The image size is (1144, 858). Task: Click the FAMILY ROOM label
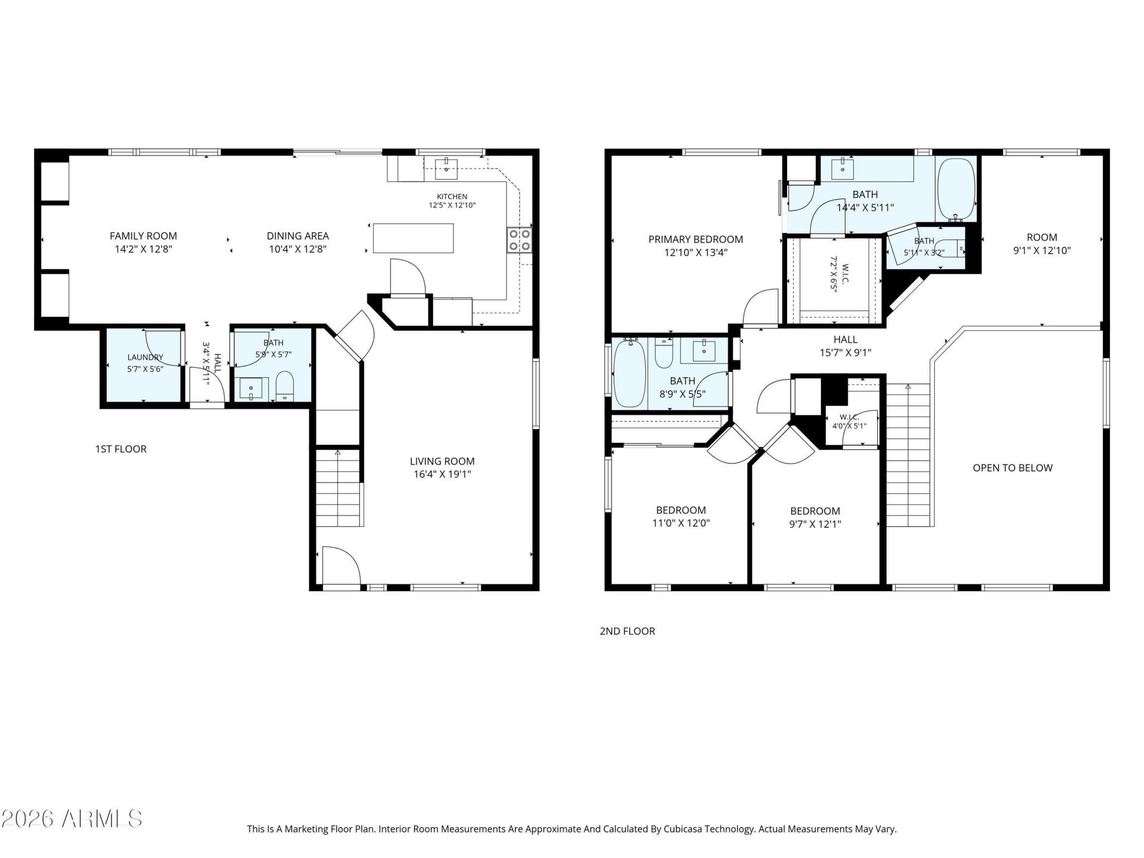point(143,236)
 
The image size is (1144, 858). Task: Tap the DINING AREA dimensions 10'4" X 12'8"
point(297,249)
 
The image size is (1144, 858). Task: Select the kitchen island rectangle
point(413,238)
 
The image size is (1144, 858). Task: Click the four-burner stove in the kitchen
point(520,240)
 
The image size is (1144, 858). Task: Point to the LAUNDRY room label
point(145,357)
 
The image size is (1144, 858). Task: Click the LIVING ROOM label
point(442,461)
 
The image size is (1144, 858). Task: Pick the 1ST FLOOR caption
point(121,449)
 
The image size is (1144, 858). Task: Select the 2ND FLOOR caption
point(627,631)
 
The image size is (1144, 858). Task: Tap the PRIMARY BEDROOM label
point(695,240)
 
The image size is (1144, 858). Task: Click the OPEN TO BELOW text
point(1012,468)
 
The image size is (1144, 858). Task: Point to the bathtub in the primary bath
point(956,190)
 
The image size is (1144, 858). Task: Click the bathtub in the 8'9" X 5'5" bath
point(630,373)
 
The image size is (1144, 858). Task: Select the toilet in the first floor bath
point(285,387)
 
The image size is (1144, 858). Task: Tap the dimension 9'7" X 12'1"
point(815,524)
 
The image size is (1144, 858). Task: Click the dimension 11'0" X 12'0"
point(681,524)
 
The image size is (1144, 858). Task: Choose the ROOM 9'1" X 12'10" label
point(1042,244)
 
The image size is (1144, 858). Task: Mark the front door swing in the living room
point(341,566)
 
